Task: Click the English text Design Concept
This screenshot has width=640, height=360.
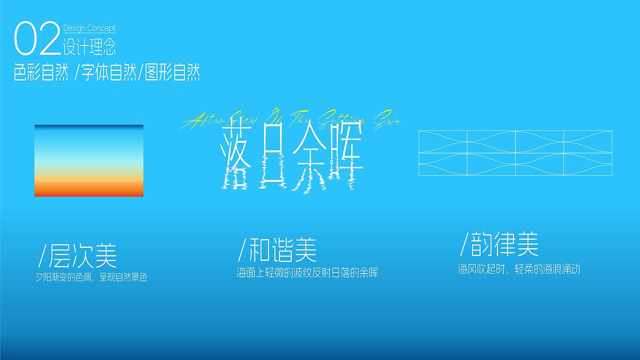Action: click(89, 28)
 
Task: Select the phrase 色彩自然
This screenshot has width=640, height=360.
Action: click(41, 73)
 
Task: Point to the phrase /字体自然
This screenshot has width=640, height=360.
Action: click(103, 73)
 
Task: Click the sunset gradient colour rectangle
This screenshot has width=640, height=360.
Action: click(89, 160)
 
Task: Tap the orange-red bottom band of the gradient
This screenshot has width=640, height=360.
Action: click(89, 190)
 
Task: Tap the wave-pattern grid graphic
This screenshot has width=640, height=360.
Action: click(515, 153)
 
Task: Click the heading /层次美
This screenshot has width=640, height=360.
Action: click(78, 255)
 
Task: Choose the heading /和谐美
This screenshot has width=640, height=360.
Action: click(277, 249)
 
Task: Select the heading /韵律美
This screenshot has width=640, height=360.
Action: click(499, 244)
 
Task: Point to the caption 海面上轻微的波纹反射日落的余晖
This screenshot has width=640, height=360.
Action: click(307, 273)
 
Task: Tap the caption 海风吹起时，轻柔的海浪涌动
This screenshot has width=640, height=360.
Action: click(518, 269)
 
